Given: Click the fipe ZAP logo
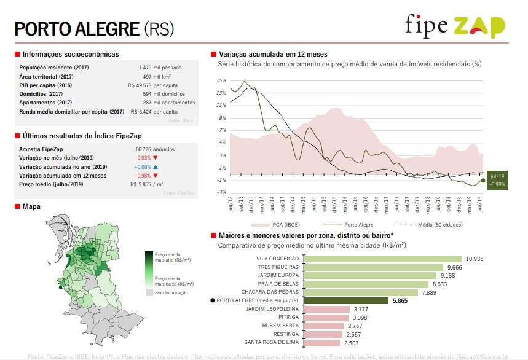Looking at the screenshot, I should tap(455, 26).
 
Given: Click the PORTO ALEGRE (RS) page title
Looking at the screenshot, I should tap(94, 28).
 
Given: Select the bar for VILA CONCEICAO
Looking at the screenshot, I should tap(384, 259).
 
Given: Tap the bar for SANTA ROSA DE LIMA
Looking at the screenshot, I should tap(321, 342).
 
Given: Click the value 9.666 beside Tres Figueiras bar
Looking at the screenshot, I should tap(455, 268).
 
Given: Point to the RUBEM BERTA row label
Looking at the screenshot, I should tap(282, 326).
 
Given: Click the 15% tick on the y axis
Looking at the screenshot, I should tap(221, 80).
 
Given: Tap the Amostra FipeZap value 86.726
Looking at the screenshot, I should tap(147, 149).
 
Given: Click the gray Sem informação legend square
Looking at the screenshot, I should tap(149, 293).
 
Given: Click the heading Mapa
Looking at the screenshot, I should tap(31, 206).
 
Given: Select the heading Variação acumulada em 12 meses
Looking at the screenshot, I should tap(273, 54).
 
